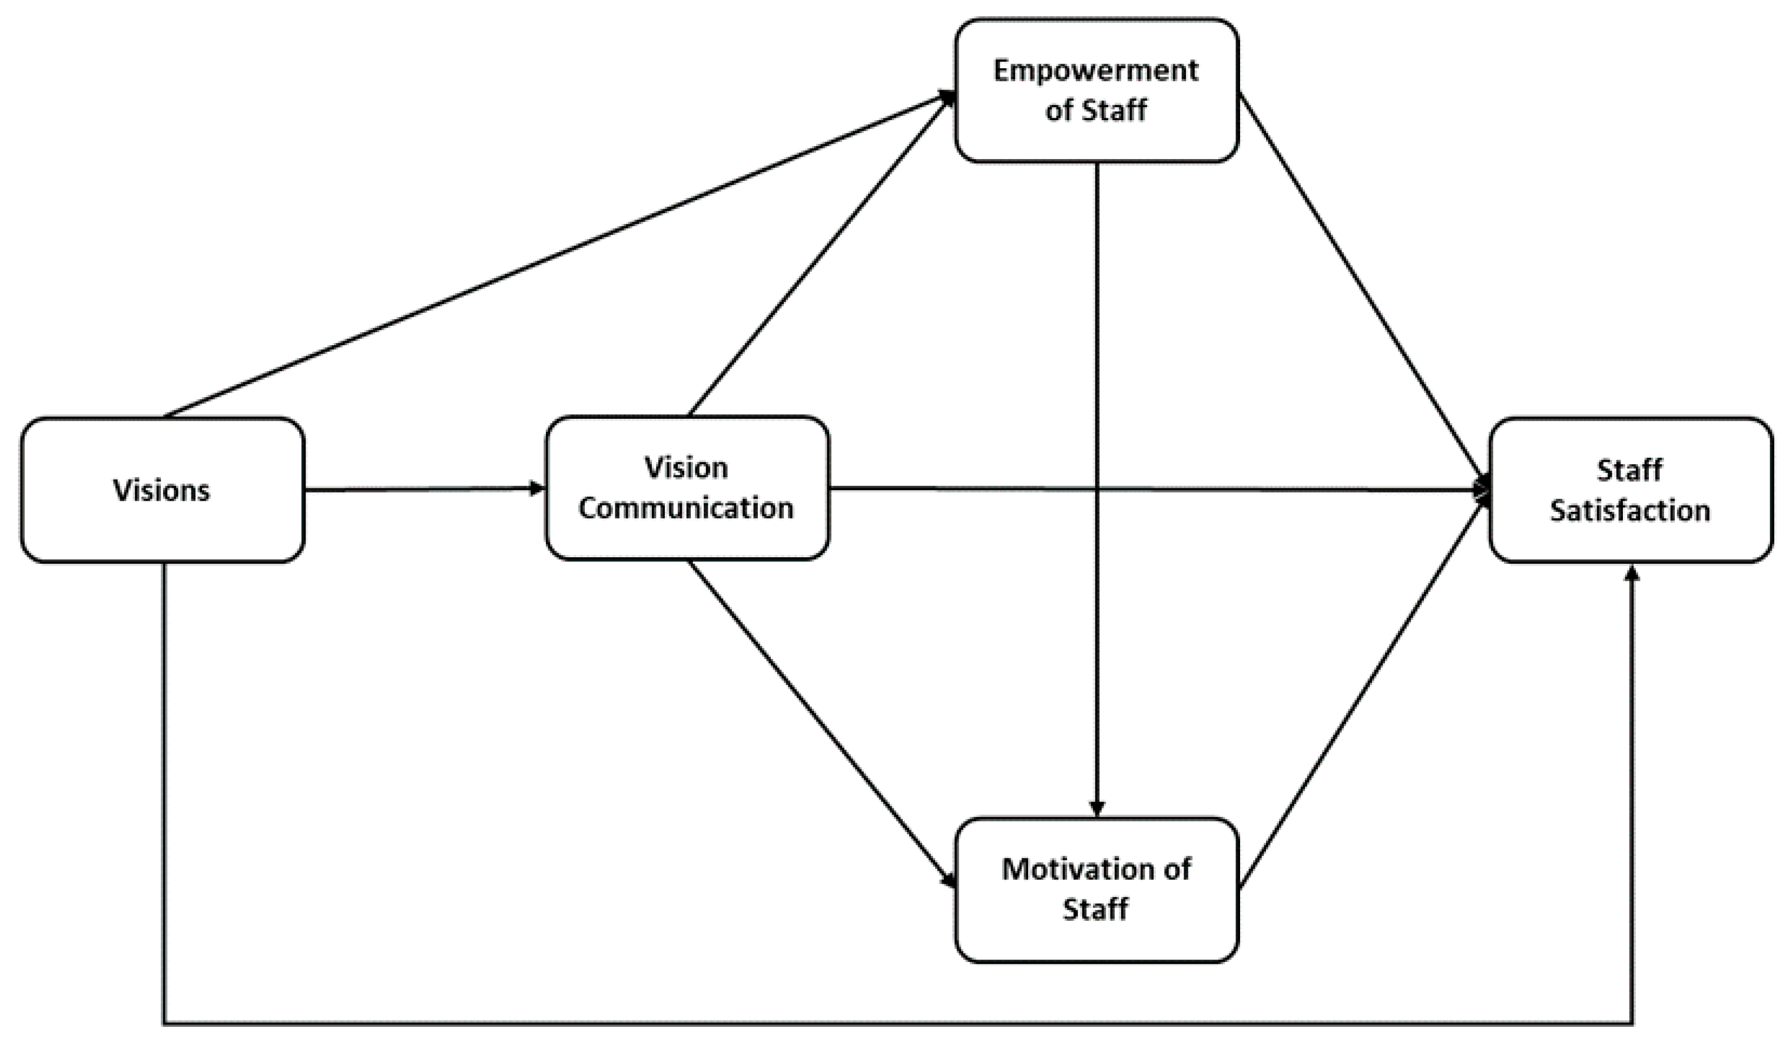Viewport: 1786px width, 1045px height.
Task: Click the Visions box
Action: point(163,490)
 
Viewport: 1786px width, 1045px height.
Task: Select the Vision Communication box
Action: point(686,488)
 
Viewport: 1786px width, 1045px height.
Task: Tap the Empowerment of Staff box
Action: point(1096,91)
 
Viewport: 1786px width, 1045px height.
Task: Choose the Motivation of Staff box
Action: point(1096,889)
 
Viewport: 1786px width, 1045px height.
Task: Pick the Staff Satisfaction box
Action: point(1630,490)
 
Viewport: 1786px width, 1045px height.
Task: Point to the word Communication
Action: point(686,509)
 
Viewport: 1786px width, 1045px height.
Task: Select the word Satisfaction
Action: point(1630,511)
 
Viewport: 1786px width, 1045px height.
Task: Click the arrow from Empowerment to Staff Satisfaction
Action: point(1361,287)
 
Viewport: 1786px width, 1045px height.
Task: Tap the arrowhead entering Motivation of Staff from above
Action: point(1096,809)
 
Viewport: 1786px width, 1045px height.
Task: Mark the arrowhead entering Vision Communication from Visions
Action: point(536,488)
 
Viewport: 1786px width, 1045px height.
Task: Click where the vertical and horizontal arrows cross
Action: point(1096,489)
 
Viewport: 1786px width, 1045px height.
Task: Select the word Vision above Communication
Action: point(686,468)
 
